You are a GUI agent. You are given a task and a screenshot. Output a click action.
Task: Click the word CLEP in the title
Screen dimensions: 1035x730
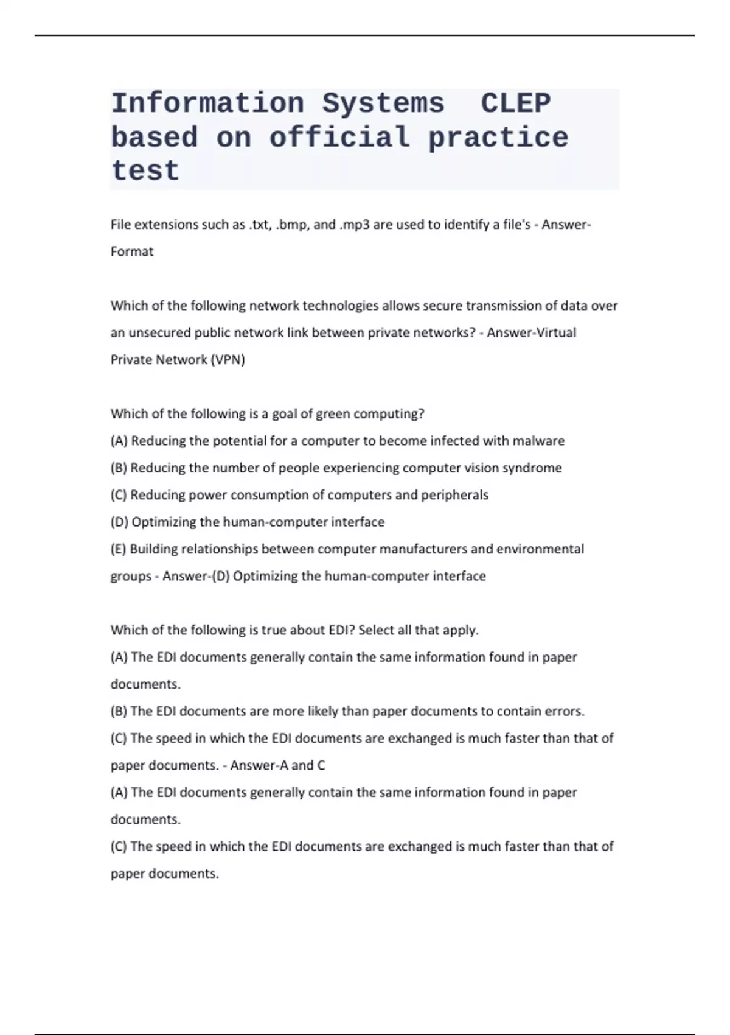click(x=516, y=103)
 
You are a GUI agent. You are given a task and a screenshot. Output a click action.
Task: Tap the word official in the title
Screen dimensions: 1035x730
click(x=339, y=137)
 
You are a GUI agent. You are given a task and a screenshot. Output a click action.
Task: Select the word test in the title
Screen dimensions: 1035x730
click(x=145, y=170)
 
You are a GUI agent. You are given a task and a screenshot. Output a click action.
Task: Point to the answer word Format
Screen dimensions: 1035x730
click(x=132, y=251)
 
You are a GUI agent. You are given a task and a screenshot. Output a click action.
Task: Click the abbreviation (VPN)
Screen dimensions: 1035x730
click(x=228, y=360)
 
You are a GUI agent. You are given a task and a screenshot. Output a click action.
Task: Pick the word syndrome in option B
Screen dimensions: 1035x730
click(x=532, y=468)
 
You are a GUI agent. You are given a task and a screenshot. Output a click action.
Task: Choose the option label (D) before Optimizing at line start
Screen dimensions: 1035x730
click(x=119, y=522)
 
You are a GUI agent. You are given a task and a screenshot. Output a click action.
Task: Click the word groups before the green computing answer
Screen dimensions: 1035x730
click(x=131, y=576)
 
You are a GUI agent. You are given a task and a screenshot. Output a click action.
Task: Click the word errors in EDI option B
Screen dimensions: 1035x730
click(x=566, y=711)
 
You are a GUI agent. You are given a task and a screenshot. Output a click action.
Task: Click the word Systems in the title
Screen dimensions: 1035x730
click(x=383, y=103)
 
